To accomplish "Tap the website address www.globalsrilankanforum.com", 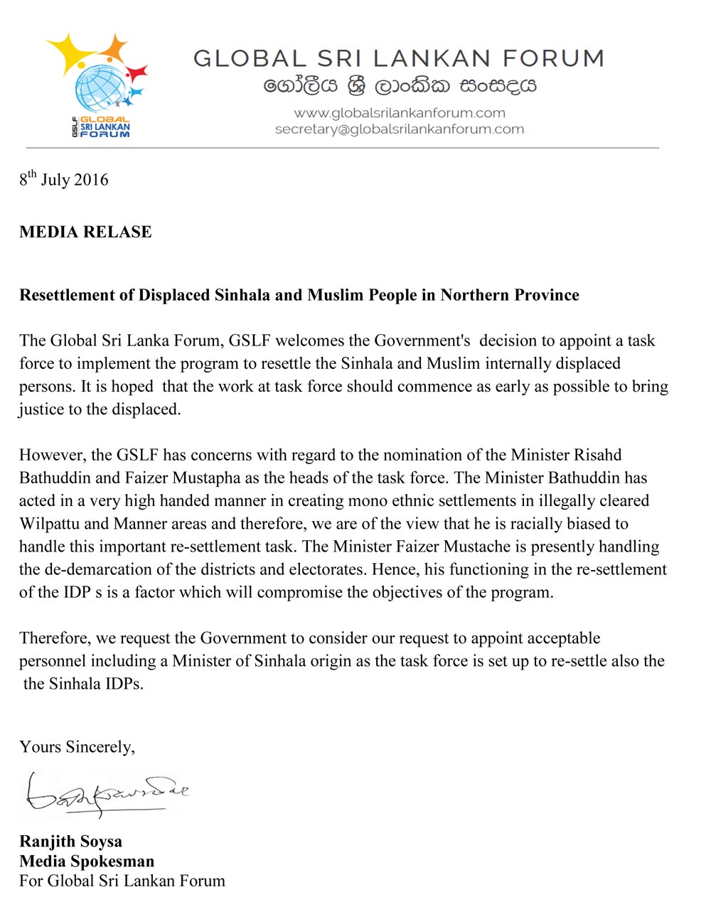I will pyautogui.click(x=400, y=113).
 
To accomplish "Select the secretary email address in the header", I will pyautogui.click(x=400, y=129).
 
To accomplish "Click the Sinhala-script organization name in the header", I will pyautogui.click(x=400, y=86).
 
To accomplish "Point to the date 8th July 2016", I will pyautogui.click(x=64, y=179).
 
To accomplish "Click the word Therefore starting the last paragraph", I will pyautogui.click(x=53, y=638).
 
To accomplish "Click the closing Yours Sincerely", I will pyautogui.click(x=77, y=747).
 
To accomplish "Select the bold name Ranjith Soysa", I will pyautogui.click(x=71, y=842).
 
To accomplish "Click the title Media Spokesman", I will pyautogui.click(x=87, y=861).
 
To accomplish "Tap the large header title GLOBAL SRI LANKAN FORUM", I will pyautogui.click(x=399, y=58).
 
